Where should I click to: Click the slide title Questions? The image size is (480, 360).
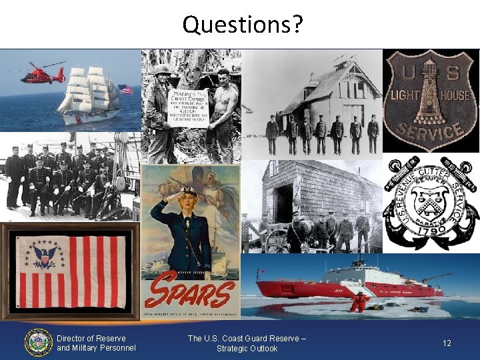pyautogui.click(x=242, y=25)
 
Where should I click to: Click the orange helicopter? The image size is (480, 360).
pyautogui.click(x=42, y=75)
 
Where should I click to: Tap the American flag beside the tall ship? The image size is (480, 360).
pyautogui.click(x=125, y=89)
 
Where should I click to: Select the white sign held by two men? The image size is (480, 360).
pyautogui.click(x=187, y=107)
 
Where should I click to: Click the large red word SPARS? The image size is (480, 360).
pyautogui.click(x=191, y=293)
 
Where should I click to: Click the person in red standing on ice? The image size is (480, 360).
pyautogui.click(x=359, y=301)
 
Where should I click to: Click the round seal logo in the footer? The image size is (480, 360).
pyautogui.click(x=38, y=342)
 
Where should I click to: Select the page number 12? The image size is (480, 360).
pyautogui.click(x=447, y=343)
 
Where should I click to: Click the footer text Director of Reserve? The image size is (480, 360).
pyautogui.click(x=91, y=338)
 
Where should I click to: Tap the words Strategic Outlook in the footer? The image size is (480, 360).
pyautogui.click(x=247, y=348)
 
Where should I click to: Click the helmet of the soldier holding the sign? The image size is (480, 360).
pyautogui.click(x=162, y=69)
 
